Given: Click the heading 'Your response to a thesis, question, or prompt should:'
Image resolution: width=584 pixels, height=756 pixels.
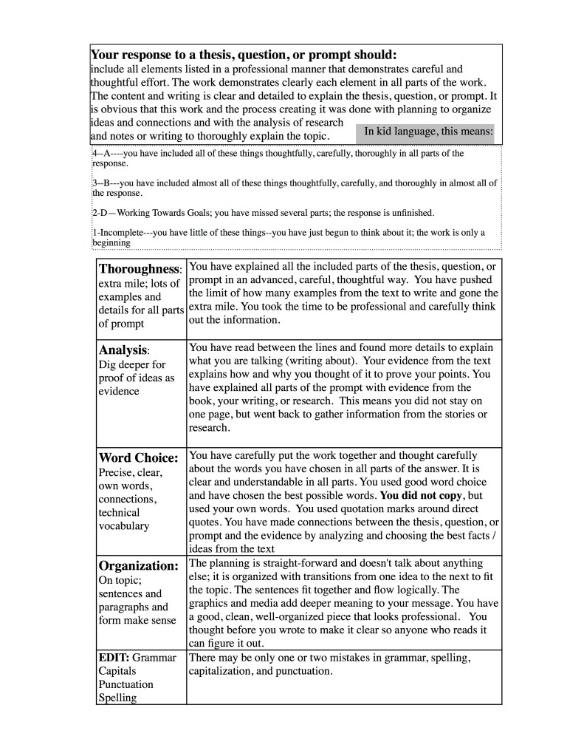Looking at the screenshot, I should tap(244, 55).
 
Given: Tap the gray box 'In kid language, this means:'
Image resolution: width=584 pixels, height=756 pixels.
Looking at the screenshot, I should tap(429, 132).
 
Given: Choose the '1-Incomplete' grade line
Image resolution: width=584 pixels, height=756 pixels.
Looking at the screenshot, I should tap(288, 236).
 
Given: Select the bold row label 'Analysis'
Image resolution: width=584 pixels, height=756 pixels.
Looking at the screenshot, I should tap(123, 350).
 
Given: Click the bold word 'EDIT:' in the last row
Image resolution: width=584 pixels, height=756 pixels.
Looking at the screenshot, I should tap(114, 657).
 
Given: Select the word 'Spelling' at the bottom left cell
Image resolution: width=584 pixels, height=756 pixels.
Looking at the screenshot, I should tap(117, 698).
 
